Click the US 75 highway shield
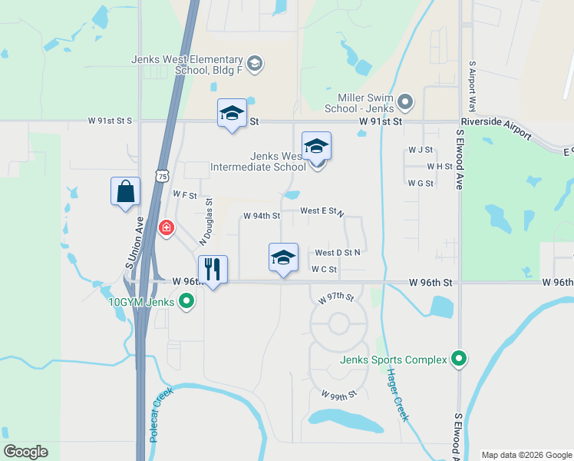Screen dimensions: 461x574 click(161, 176)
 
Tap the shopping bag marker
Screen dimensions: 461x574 click(126, 191)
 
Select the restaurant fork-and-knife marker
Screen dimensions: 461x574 click(213, 269)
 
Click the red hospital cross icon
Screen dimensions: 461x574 click(166, 228)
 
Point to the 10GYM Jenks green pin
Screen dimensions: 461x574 click(186, 303)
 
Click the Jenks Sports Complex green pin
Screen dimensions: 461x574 click(459, 358)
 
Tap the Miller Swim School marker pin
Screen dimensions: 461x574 click(406, 101)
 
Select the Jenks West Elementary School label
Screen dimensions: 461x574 click(187, 65)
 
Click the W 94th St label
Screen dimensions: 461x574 click(262, 216)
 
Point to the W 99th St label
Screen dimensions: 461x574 click(339, 394)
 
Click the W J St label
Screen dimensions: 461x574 click(421, 149)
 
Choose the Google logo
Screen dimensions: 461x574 click(25, 452)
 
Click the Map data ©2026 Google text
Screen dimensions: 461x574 click(526, 455)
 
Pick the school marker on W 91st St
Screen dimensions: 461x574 click(232, 114)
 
